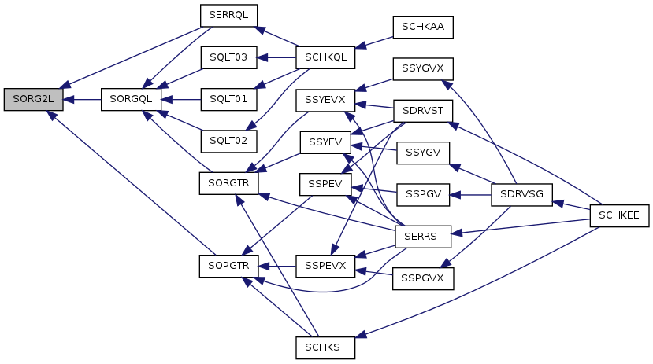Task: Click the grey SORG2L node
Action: [33, 100]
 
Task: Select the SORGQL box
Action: [131, 100]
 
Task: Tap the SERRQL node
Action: [228, 16]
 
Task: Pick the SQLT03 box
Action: [228, 57]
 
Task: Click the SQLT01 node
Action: [228, 100]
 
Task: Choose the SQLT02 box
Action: [228, 142]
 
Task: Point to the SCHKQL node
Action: [325, 57]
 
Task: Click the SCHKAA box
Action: [423, 28]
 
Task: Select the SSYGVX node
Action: [423, 69]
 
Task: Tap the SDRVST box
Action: [423, 112]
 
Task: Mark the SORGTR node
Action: [228, 183]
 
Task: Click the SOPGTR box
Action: [228, 267]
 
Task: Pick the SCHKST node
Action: [325, 347]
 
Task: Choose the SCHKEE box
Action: [619, 215]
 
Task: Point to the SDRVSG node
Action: [521, 195]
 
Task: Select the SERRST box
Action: [423, 237]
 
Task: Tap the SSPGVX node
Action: [423, 279]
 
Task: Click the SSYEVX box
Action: [325, 100]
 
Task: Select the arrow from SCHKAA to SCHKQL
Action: [374, 42]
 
